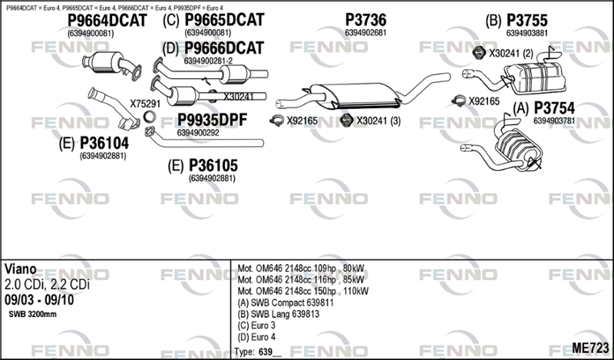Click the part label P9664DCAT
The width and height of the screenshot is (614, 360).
[x=107, y=21]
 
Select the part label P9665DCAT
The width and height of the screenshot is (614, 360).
[x=224, y=20]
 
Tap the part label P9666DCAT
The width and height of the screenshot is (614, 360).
[x=224, y=48]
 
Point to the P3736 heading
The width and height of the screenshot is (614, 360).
[x=366, y=20]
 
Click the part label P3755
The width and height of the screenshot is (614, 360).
[x=527, y=21]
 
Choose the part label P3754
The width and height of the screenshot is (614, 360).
[x=554, y=107]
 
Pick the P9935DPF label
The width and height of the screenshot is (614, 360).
[x=213, y=121]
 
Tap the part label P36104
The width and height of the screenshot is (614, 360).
[x=104, y=144]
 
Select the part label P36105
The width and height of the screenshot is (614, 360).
[x=213, y=166]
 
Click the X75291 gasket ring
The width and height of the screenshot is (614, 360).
[x=149, y=117]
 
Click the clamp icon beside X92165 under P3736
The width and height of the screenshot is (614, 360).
[x=277, y=121]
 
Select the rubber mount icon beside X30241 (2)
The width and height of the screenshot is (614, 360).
[x=477, y=53]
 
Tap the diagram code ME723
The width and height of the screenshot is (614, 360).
[x=590, y=348]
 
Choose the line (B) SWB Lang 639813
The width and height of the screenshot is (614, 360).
[x=279, y=314]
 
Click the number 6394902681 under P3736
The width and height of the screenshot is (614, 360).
[x=365, y=33]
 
